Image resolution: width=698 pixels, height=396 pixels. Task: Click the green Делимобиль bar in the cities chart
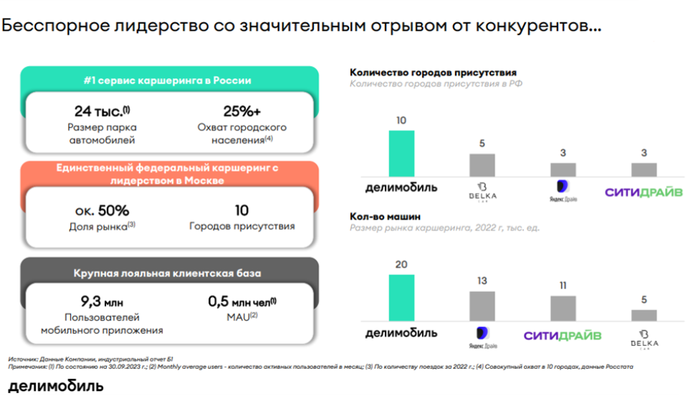[401, 153]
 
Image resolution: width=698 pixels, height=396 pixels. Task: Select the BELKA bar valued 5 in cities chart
[482, 165]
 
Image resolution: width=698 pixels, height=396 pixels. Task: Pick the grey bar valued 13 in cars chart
[482, 306]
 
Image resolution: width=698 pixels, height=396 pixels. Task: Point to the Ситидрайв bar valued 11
[563, 308]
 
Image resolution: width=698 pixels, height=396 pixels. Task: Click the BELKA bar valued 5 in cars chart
[644, 315]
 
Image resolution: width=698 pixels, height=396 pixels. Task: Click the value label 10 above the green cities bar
[401, 121]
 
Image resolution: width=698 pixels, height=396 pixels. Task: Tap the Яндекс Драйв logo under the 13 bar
[482, 336]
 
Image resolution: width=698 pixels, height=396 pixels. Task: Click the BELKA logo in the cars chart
[644, 338]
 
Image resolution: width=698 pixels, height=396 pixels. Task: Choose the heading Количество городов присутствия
[433, 72]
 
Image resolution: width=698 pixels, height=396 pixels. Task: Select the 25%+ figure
[242, 111]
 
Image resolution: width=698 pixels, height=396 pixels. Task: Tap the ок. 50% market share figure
[102, 211]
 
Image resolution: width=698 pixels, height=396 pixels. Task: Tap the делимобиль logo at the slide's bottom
[56, 386]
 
